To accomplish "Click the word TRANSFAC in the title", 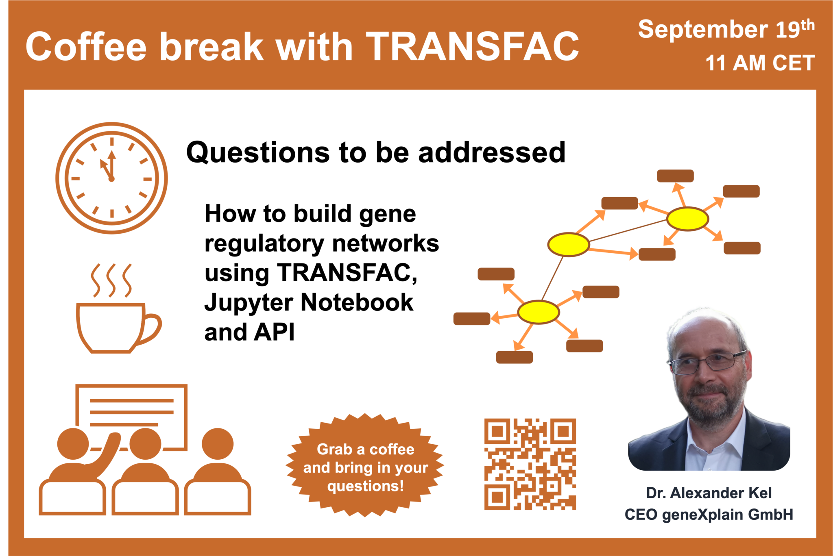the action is point(473,47).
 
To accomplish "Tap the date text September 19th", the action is point(726,29).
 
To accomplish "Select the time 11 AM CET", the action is point(760,63).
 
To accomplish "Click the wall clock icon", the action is point(111,178).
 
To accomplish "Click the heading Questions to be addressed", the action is point(376,152).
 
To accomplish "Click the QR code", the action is point(530,464).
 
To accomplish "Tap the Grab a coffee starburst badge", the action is point(365,465).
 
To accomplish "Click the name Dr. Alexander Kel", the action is point(709,493).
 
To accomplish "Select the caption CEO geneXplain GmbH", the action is point(709,515).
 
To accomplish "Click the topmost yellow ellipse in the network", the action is point(687,219).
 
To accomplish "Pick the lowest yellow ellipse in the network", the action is point(539,312).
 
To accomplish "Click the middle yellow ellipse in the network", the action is point(569,245).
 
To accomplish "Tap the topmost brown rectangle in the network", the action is point(675,176).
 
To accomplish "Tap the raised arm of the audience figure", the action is point(107,453).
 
